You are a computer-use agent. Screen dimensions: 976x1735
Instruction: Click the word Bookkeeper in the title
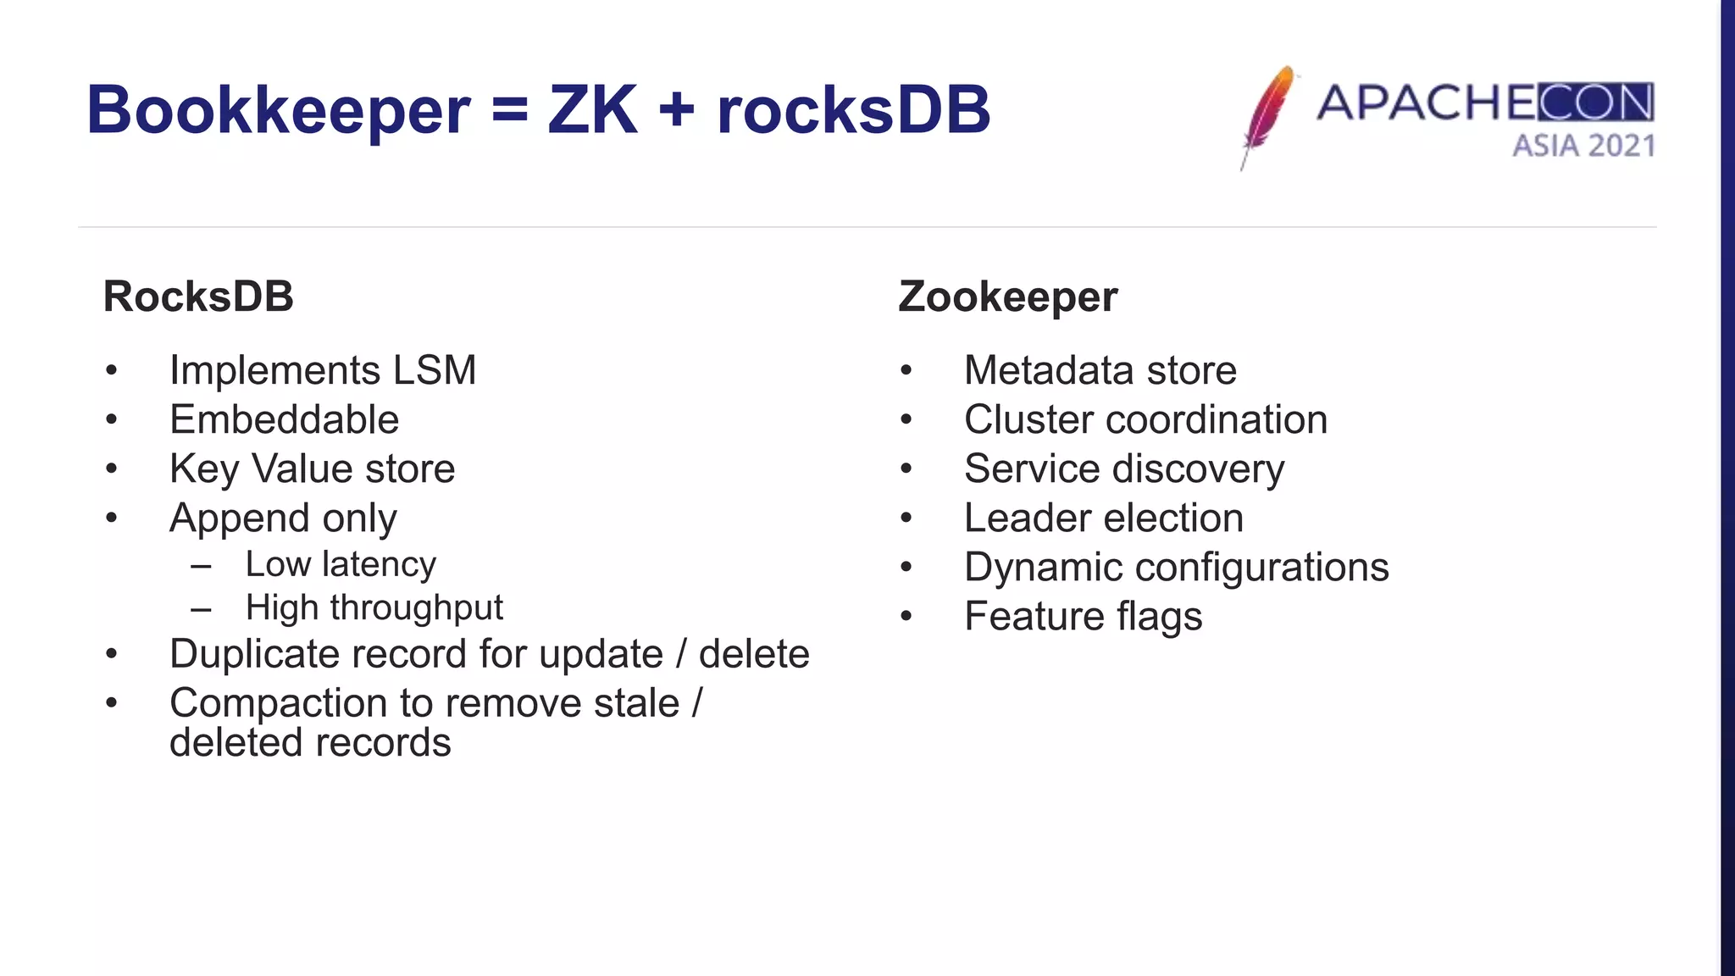click(x=278, y=110)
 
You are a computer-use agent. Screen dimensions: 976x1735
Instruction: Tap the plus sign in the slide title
click(x=676, y=110)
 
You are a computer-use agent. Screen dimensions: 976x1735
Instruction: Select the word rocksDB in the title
click(x=853, y=110)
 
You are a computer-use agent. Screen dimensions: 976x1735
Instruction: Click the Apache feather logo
click(x=1267, y=116)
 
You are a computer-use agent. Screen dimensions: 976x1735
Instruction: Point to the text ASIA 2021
click(x=1583, y=146)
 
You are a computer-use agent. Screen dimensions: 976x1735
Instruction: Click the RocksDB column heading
click(x=198, y=297)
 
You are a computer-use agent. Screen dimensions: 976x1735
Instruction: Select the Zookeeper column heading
click(x=1007, y=297)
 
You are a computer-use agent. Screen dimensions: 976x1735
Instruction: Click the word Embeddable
click(x=284, y=419)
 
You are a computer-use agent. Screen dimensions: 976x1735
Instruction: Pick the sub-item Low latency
click(x=341, y=564)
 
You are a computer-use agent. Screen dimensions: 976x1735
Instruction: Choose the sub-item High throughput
click(x=374, y=607)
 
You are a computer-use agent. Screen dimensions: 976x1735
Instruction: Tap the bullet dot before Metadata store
click(x=906, y=371)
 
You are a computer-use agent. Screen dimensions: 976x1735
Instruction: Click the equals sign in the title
click(x=509, y=110)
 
